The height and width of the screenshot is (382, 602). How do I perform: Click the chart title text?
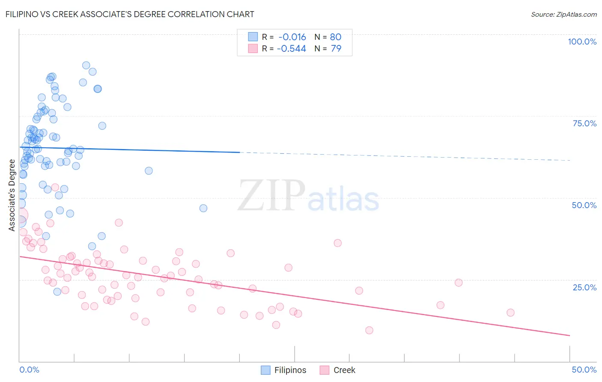[130, 14]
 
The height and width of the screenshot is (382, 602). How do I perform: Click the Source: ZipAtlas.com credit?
[563, 14]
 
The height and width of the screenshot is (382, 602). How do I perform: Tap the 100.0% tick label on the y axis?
[582, 42]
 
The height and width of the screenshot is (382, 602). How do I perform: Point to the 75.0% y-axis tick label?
[584, 123]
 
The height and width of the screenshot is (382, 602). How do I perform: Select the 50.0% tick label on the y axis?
[584, 205]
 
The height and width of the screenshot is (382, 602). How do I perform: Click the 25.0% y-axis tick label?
[584, 287]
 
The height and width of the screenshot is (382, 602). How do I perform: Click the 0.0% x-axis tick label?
[29, 370]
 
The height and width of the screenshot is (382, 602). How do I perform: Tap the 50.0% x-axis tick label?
[584, 370]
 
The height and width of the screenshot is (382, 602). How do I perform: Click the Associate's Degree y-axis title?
[12, 195]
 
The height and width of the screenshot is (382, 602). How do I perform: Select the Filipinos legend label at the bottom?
[290, 370]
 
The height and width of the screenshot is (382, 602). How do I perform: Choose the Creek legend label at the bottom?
[344, 370]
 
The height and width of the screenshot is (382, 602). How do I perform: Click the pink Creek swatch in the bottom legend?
[325, 370]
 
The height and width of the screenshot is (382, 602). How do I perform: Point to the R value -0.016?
[292, 37]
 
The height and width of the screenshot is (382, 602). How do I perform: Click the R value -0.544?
[291, 49]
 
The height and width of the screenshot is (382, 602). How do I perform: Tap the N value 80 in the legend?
[336, 37]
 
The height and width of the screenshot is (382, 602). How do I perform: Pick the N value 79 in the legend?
[336, 49]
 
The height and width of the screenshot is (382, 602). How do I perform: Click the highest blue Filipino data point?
[86, 66]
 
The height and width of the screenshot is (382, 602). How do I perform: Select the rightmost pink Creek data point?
[510, 313]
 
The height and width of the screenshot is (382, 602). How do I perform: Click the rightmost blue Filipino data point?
[203, 208]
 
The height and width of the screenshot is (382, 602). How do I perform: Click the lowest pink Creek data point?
[369, 330]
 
